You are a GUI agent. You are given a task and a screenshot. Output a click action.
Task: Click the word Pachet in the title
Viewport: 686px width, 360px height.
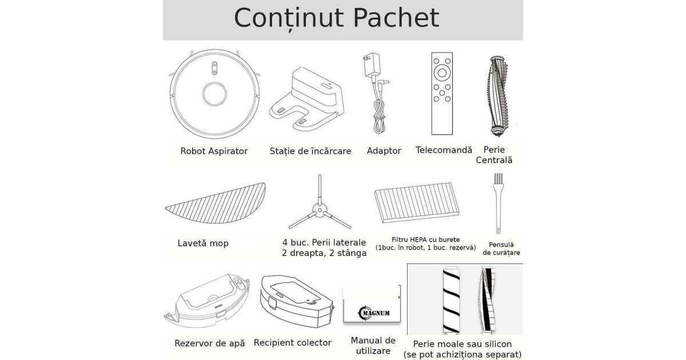tap(396, 18)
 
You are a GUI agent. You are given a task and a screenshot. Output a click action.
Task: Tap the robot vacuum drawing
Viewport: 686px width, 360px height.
tap(214, 94)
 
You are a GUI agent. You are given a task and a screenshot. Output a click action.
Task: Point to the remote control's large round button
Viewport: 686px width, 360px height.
tap(442, 73)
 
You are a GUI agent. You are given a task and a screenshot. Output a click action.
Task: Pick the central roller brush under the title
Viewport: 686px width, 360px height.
tap(497, 96)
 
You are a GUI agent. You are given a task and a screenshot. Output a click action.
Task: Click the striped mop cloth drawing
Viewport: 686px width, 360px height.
tap(216, 203)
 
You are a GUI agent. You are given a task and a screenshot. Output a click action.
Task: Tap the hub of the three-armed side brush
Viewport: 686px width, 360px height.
tap(320, 210)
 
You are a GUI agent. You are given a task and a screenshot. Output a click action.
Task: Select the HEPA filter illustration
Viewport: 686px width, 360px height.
tap(417, 203)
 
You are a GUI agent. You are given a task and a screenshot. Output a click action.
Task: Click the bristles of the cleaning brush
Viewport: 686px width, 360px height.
tap(498, 179)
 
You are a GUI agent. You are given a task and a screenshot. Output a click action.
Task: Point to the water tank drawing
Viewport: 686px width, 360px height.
tap(207, 301)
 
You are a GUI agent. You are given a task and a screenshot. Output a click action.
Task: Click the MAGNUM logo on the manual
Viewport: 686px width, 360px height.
tap(374, 313)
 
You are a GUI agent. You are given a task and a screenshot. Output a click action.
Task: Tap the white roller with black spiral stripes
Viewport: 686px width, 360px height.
tap(452, 300)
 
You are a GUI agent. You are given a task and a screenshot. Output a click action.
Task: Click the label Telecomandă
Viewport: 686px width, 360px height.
tap(444, 150)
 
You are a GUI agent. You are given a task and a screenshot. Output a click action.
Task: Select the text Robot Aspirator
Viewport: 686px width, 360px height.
tap(214, 151)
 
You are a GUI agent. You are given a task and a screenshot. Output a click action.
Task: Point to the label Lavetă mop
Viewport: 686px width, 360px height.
tap(203, 243)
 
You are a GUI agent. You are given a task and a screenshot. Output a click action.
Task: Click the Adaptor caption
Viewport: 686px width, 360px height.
tap(384, 151)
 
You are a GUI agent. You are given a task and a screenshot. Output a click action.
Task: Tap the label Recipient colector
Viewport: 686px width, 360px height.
tap(293, 342)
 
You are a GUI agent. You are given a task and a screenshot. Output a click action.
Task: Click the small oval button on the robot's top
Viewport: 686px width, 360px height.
tap(215, 68)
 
